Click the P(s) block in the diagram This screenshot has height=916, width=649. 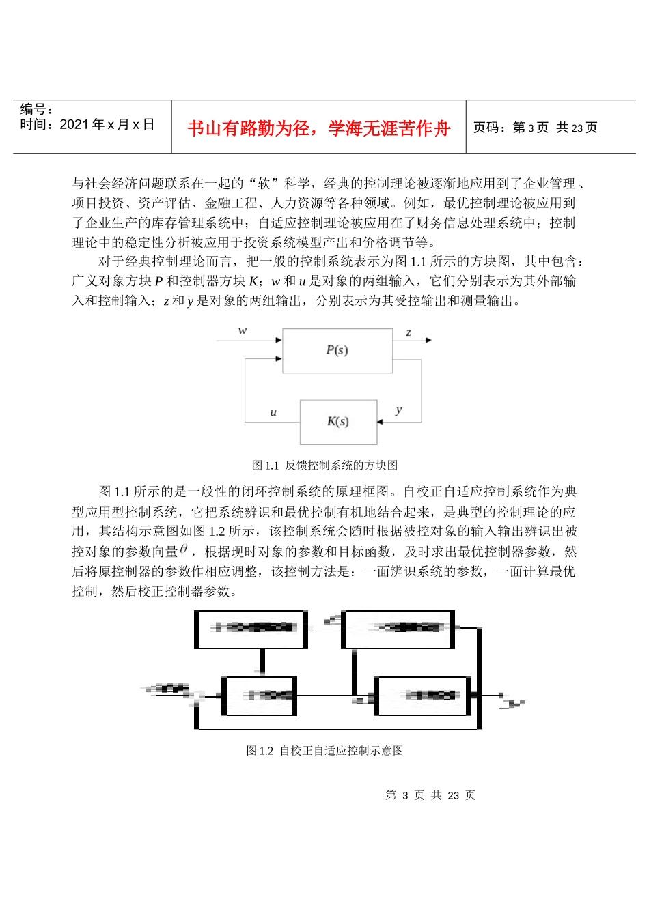click(337, 350)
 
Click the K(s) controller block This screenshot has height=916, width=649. click(338, 421)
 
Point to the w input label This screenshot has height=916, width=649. click(243, 331)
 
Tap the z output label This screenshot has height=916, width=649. click(409, 332)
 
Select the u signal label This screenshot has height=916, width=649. click(273, 412)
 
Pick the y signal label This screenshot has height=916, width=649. click(398, 410)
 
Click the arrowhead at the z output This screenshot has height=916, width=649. click(428, 340)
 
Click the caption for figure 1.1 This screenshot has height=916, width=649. click(324, 466)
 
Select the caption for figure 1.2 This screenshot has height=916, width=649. click(324, 751)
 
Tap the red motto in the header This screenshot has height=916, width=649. click(319, 128)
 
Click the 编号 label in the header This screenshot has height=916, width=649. click(36, 109)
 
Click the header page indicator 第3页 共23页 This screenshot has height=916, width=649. click(535, 128)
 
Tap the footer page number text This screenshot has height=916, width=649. click(430, 795)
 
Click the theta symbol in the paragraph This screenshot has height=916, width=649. click(183, 549)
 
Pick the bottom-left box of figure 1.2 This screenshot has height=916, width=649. click(260, 696)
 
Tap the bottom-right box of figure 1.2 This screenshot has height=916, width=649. click(423, 696)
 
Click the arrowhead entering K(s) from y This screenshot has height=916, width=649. click(381, 422)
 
